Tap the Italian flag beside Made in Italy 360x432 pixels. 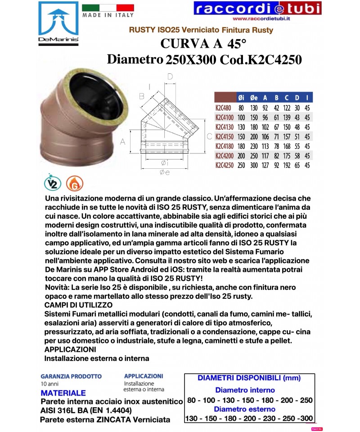point(108,7)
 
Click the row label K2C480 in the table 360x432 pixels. point(224,108)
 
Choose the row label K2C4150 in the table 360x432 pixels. point(225,137)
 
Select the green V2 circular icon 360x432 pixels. point(53,184)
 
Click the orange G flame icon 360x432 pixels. point(74,184)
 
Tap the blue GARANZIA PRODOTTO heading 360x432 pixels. point(71,376)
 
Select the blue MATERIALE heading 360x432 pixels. point(63,393)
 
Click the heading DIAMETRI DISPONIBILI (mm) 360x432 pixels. point(249,378)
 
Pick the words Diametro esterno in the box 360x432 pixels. point(244,409)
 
